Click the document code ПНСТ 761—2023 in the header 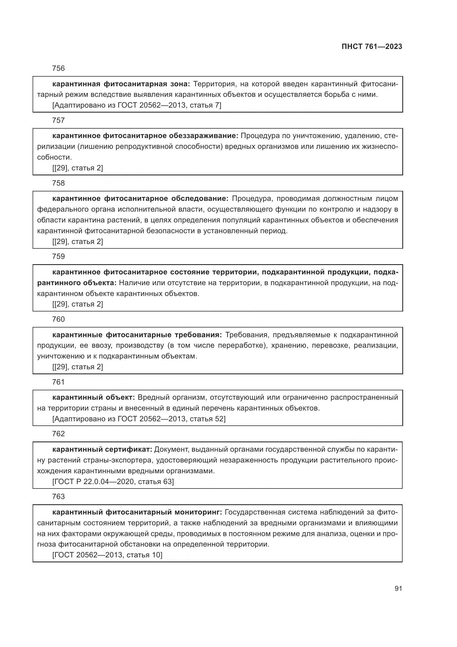click(x=372, y=47)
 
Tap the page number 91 click(x=398, y=589)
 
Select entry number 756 click(x=59, y=69)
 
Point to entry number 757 click(x=59, y=121)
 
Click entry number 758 click(x=59, y=183)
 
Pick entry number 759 click(x=59, y=256)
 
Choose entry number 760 click(x=59, y=319)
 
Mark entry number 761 click(x=59, y=382)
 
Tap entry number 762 click(x=59, y=434)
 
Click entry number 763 click(x=59, y=497)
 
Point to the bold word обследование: click(x=200, y=199)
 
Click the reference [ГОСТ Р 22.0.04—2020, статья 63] click(x=113, y=482)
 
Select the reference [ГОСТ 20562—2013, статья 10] click(x=107, y=555)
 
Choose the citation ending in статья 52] click(x=139, y=419)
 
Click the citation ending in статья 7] click(x=137, y=105)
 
